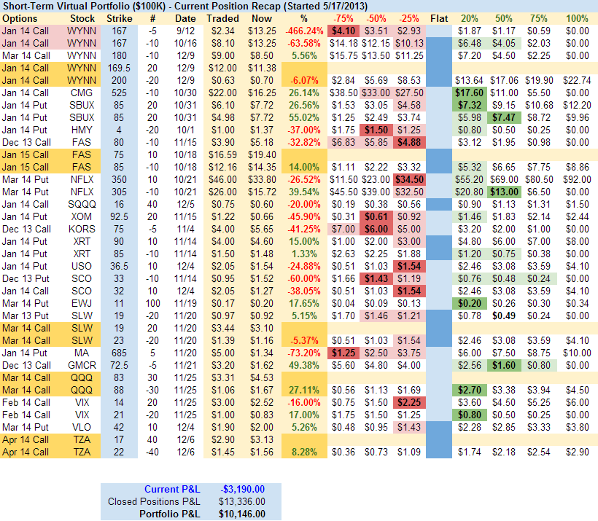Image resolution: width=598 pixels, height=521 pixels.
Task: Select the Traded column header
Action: coord(222,17)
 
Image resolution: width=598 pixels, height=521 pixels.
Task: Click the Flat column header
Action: coord(439,17)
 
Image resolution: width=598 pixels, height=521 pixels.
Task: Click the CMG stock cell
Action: coord(81,93)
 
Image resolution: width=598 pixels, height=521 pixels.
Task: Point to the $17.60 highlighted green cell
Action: coord(469,93)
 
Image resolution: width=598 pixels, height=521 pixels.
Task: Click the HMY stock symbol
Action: coord(81,130)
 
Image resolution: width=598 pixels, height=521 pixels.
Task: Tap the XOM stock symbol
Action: coord(81,216)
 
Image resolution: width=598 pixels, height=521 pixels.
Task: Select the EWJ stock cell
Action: coord(81,303)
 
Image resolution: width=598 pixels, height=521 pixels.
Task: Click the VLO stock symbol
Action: coord(81,427)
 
